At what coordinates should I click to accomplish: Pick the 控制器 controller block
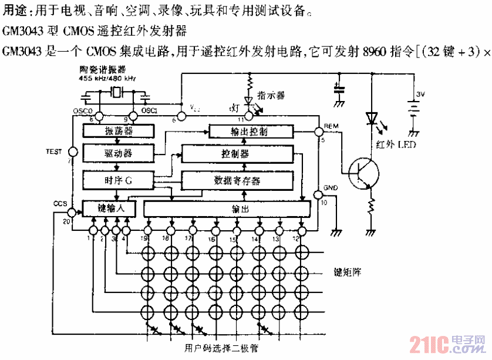237,154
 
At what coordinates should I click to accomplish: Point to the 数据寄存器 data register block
237,180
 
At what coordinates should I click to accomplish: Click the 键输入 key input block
109,208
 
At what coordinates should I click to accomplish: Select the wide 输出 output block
227,208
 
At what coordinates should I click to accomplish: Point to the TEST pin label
53,152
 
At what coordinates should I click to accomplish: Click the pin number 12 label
302,238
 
